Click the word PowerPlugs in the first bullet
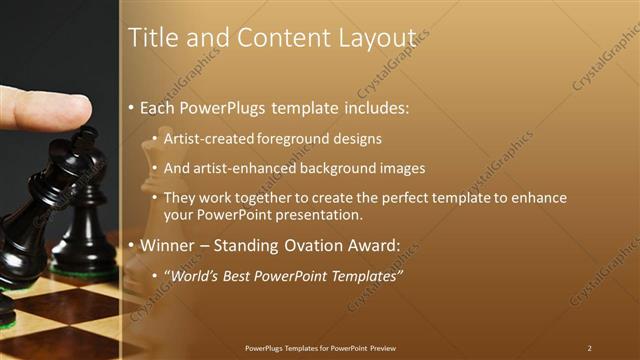(x=218, y=107)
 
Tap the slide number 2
(x=589, y=348)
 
